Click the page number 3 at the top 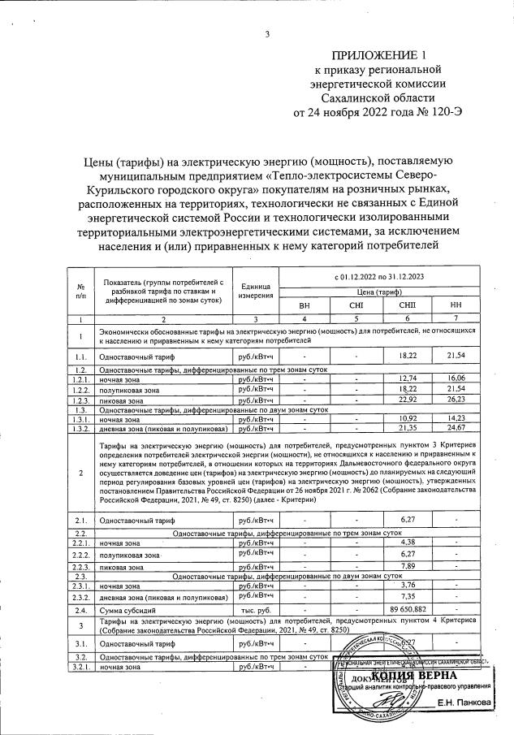[266, 33]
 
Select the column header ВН [305, 305]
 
